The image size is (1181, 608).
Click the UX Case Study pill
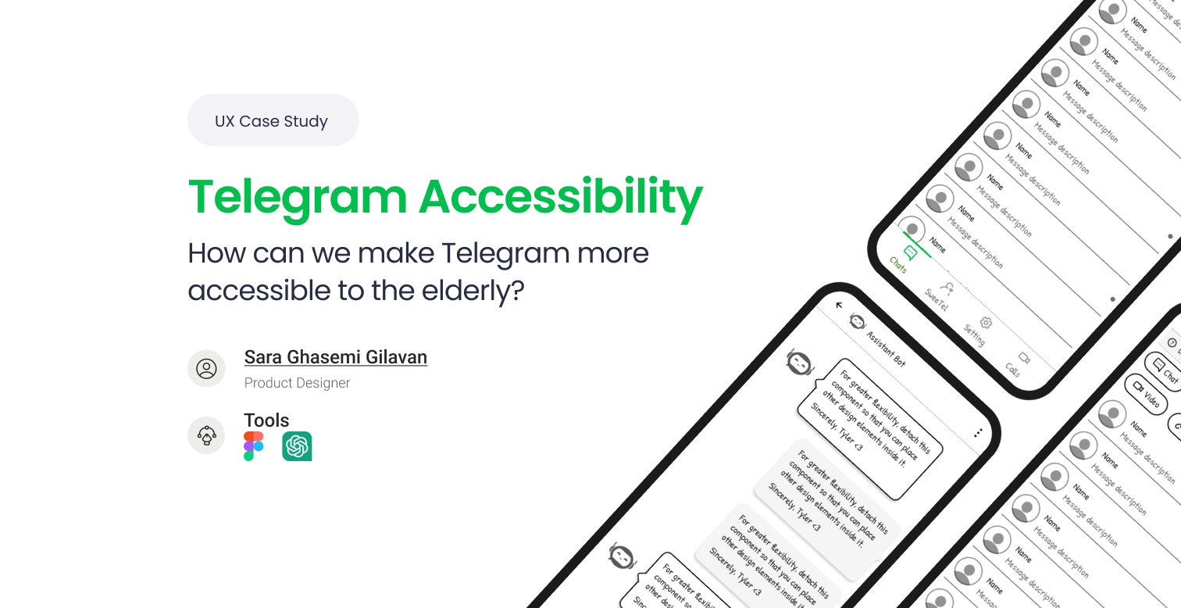coord(273,120)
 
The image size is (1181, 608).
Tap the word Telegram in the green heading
coord(298,196)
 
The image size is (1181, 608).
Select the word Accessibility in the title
coord(561,196)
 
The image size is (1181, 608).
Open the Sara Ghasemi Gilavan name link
coord(335,357)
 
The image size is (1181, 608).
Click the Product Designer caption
coord(297,383)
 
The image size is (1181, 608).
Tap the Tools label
coord(266,420)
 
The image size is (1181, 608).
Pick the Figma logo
coord(254,446)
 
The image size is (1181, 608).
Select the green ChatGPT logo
coord(297,446)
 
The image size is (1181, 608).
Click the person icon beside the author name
coord(206,368)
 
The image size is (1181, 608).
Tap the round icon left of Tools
coord(206,435)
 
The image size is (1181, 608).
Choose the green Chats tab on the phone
coord(904,259)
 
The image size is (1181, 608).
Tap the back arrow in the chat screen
coord(840,306)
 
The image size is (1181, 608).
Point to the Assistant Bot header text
coord(886,347)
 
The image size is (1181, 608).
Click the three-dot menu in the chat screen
coord(977,432)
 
